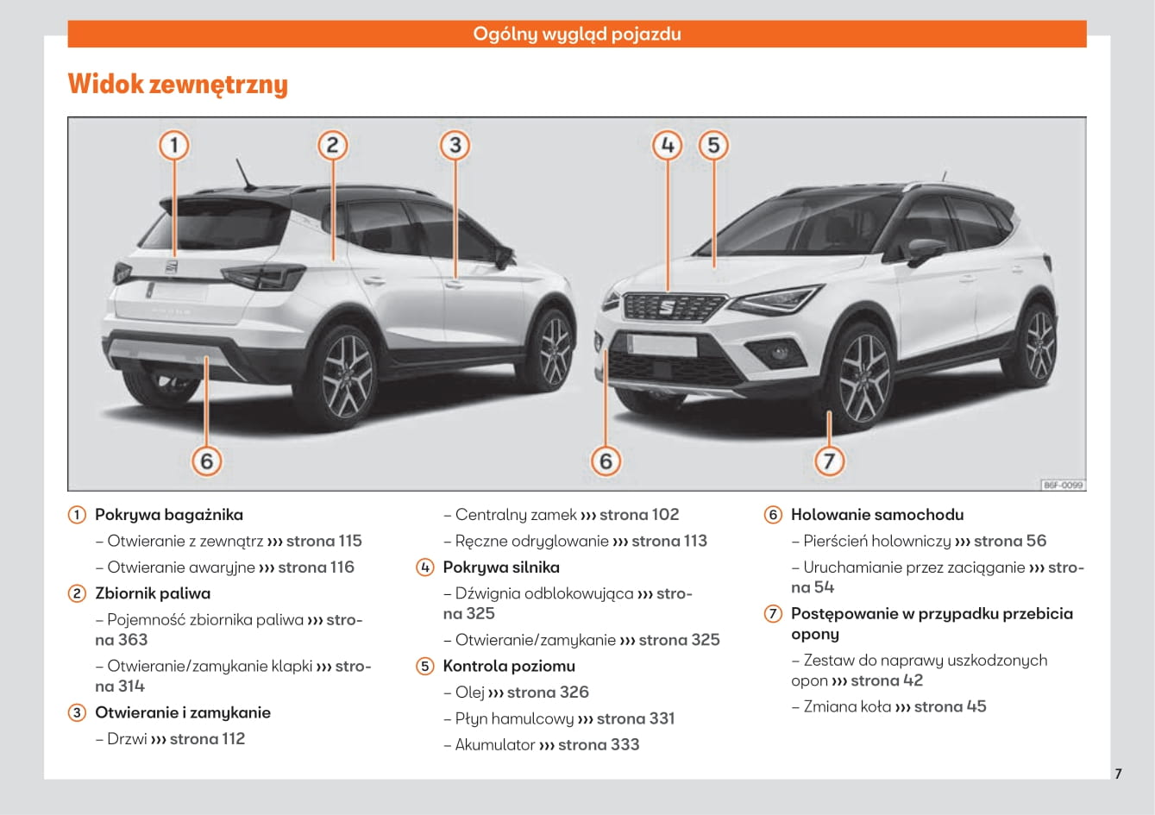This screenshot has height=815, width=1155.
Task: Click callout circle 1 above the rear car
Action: pyautogui.click(x=174, y=145)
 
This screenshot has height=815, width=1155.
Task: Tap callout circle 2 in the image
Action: pyautogui.click(x=332, y=145)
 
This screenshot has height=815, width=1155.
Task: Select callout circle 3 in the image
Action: pyautogui.click(x=455, y=145)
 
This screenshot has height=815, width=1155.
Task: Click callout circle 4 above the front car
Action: pyautogui.click(x=667, y=145)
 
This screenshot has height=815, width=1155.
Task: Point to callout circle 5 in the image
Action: pyautogui.click(x=713, y=145)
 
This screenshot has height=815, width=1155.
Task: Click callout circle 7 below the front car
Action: pyautogui.click(x=829, y=461)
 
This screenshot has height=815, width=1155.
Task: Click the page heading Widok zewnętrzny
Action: pyautogui.click(x=178, y=85)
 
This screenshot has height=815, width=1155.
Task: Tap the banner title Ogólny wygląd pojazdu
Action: pyautogui.click(x=576, y=34)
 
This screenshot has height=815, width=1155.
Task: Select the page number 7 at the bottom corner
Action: pyautogui.click(x=1118, y=774)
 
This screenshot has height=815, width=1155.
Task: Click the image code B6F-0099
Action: pyautogui.click(x=1063, y=486)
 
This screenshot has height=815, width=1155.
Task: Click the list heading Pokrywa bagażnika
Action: pyautogui.click(x=169, y=515)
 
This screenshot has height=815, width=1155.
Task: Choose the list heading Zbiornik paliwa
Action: pyautogui.click(x=153, y=593)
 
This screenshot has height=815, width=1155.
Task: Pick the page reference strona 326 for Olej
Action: pyautogui.click(x=548, y=693)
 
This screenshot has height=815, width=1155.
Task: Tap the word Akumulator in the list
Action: pyautogui.click(x=495, y=745)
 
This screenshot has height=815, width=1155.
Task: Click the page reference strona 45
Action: pyautogui.click(x=950, y=706)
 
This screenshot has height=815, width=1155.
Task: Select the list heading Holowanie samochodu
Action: pyautogui.click(x=877, y=515)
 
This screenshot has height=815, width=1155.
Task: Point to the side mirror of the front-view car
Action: pyautogui.click(x=925, y=250)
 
